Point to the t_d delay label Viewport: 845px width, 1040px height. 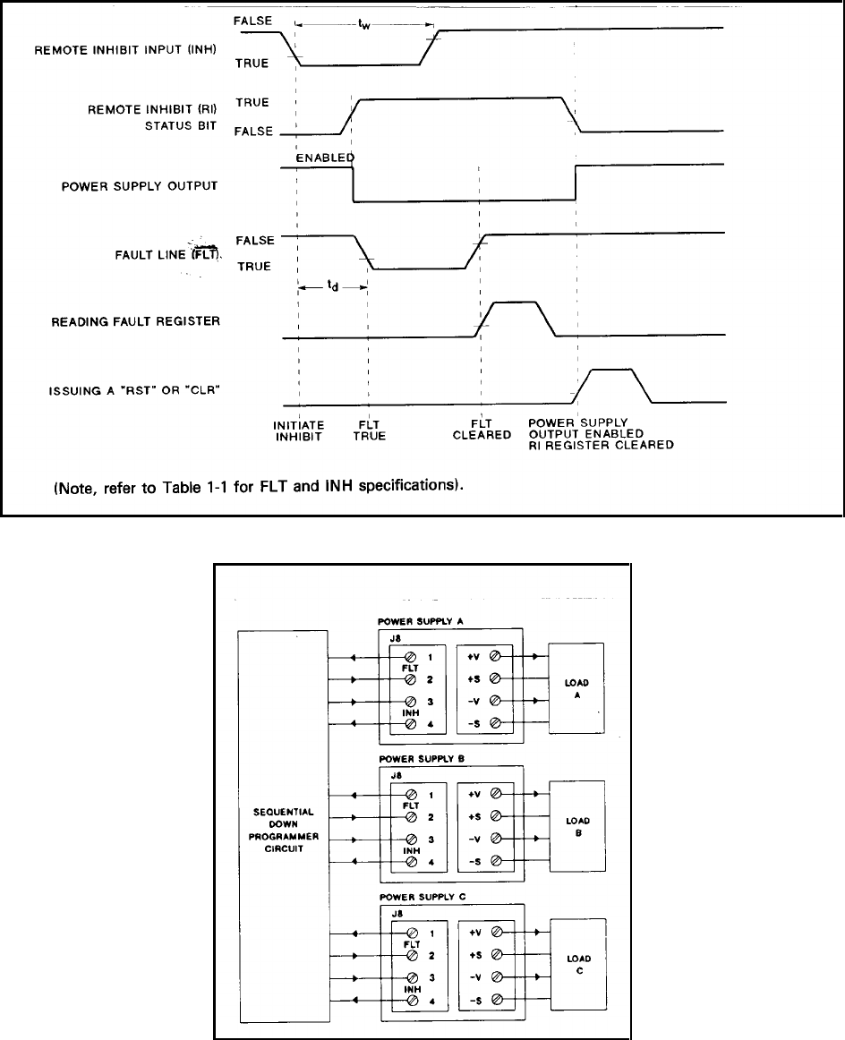[331, 288]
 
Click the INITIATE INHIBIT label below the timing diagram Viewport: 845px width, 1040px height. [299, 430]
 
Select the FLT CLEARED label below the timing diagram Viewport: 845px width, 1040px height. [481, 430]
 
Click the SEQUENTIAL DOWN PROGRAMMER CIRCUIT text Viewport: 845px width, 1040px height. [282, 828]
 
